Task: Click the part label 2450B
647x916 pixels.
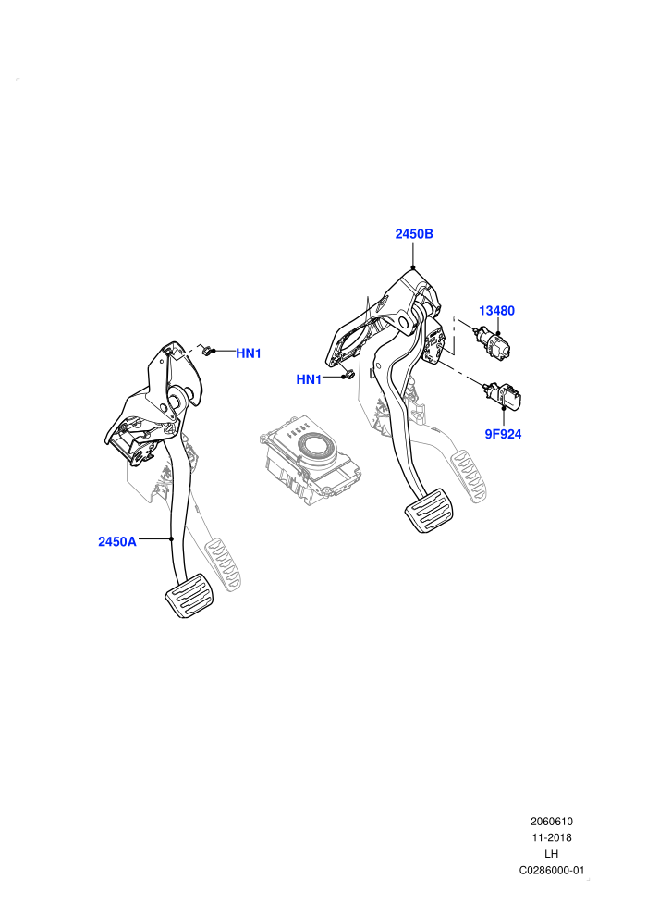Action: coord(414,234)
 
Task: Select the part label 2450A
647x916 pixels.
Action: coord(116,541)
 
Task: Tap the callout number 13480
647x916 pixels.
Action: coord(496,311)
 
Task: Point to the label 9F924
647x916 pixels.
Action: coord(503,434)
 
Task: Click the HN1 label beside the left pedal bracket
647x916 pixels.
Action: coord(249,353)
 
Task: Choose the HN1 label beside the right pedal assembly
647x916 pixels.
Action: coord(309,379)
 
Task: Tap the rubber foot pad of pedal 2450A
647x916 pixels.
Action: coord(189,595)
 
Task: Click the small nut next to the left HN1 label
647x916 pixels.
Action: coord(206,351)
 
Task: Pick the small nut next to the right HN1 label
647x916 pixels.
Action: coord(348,375)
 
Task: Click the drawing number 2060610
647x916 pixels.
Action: coord(551,822)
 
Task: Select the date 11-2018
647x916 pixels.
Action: coord(551,837)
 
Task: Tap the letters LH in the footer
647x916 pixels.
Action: coord(551,854)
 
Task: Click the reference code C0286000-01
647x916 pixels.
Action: coord(551,871)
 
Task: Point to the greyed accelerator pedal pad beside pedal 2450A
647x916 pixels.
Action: coord(224,563)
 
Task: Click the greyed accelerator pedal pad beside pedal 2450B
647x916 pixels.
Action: coord(470,475)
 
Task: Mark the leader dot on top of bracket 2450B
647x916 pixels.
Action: coord(413,267)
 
